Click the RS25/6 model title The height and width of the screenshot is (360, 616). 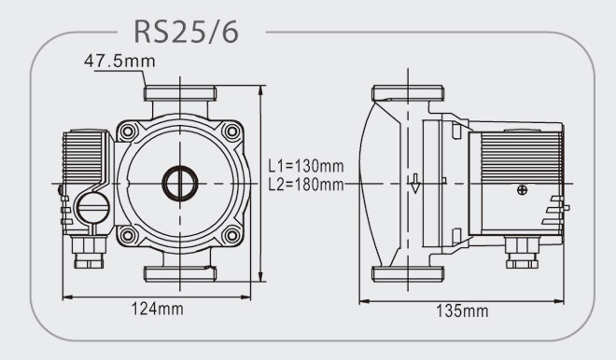coord(187,32)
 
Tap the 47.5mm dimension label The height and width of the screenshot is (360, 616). coord(119,61)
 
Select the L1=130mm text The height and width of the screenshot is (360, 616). coord(306,166)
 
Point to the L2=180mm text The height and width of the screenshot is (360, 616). coord(306,184)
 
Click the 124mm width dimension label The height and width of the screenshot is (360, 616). coord(157,309)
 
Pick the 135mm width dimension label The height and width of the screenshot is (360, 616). coord(462,311)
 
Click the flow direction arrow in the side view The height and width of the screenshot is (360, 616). coord(414,184)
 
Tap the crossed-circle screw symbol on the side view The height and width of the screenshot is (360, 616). coord(522,190)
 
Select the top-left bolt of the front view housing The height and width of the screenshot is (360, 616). coord(128,132)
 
